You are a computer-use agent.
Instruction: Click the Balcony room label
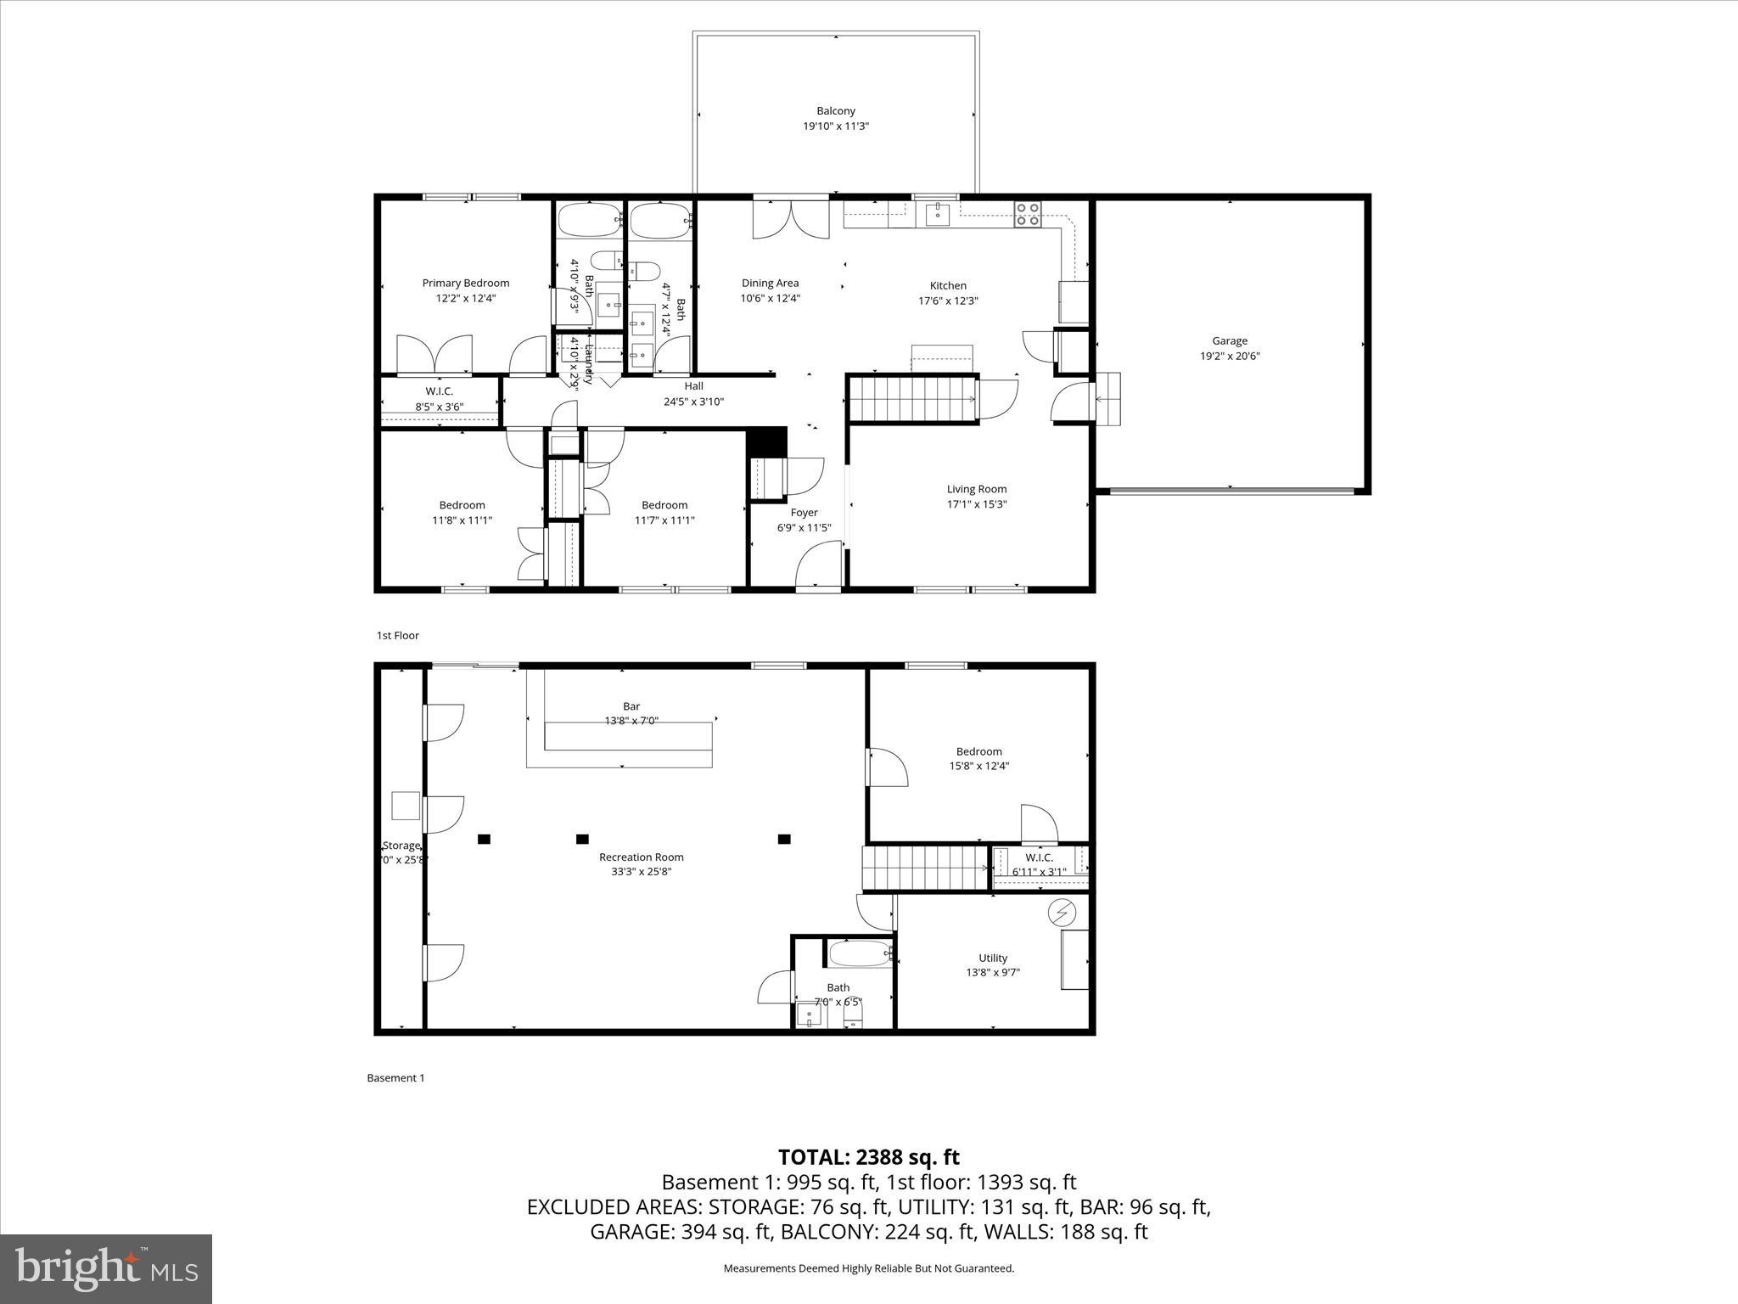coord(835,111)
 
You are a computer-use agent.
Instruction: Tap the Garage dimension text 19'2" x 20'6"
coord(1229,357)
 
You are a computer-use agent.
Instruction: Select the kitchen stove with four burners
coord(1028,214)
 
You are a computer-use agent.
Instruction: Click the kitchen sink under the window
coord(937,214)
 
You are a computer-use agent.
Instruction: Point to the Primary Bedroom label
coord(466,284)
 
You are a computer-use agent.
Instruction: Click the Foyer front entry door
coord(819,565)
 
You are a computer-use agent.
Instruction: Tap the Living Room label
coord(977,489)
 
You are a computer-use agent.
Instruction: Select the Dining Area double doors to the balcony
coord(790,219)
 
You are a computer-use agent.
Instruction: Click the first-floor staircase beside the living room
coord(914,399)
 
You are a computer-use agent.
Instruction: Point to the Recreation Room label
coord(641,857)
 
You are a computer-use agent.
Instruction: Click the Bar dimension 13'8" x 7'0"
coord(631,721)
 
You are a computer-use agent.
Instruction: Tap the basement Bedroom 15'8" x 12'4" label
coord(978,751)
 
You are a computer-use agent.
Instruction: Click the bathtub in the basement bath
coord(859,953)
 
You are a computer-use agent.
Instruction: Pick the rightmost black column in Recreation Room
coord(784,840)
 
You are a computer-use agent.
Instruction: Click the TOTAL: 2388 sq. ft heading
coord(868,1157)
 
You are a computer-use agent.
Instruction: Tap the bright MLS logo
coord(106,1268)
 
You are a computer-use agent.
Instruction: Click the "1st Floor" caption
coord(397,636)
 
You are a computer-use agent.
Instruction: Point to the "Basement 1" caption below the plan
coord(395,1078)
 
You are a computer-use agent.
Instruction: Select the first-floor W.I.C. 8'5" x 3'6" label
coord(439,391)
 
